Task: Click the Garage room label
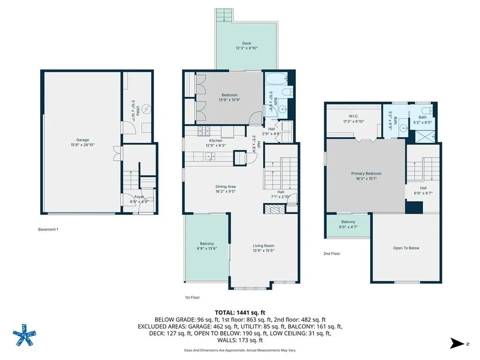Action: tap(82, 140)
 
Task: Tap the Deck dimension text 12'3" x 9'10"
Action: tap(247, 48)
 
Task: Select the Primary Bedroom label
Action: tap(366, 173)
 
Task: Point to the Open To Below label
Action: tap(406, 248)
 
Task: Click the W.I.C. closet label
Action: tap(353, 116)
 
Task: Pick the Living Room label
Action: tap(263, 246)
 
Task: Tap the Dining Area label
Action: tap(225, 187)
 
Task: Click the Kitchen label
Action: tap(216, 141)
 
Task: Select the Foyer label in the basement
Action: tap(139, 197)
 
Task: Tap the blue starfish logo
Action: tap(24, 335)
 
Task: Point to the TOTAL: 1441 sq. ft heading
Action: tap(240, 313)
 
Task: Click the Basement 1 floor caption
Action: tap(48, 229)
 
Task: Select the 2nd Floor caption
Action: tap(332, 254)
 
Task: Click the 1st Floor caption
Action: tap(192, 297)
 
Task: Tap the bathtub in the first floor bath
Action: tap(277, 79)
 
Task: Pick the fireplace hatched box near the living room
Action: tap(275, 209)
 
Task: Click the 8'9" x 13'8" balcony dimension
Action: tap(207, 248)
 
